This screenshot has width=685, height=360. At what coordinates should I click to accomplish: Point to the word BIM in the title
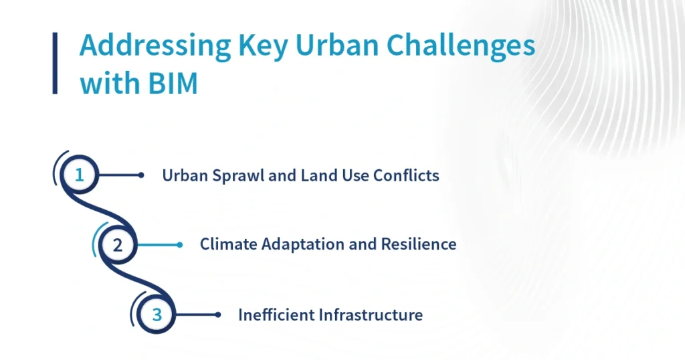(173, 83)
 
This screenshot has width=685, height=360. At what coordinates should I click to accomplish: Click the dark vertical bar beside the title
(55, 63)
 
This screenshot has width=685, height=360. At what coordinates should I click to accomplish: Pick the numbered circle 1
(79, 175)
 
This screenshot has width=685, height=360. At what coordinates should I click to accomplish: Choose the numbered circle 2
(118, 245)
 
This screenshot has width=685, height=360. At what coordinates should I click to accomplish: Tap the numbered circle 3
(157, 314)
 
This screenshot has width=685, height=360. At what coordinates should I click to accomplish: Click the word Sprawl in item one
(238, 176)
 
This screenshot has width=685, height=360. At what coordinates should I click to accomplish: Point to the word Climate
(229, 244)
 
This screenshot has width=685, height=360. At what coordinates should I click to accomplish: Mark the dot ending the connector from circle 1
(141, 175)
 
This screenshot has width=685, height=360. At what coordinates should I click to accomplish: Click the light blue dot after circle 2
(179, 245)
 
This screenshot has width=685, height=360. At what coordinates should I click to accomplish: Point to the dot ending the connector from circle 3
(218, 314)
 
